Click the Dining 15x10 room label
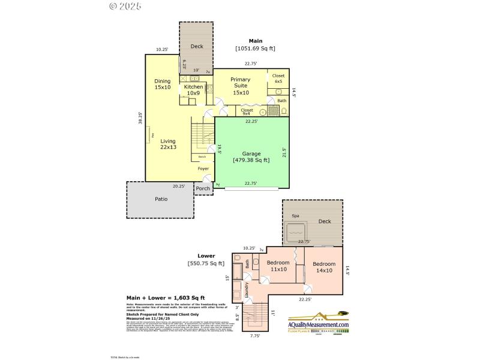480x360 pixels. click(163, 85)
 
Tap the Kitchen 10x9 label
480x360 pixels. click(193, 90)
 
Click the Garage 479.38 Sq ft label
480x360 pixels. click(251, 157)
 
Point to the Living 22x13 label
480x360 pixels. click(168, 144)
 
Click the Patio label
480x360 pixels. click(161, 199)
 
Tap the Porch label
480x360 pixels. click(203, 188)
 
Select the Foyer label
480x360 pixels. click(203, 169)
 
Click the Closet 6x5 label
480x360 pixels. click(278, 79)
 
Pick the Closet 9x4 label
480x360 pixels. click(247, 112)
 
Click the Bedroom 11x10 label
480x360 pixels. click(278, 266)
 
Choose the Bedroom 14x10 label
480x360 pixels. click(324, 267)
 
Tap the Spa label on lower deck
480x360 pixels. click(295, 216)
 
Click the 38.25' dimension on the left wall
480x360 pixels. click(140, 118)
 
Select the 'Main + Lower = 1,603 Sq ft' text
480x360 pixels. click(165, 298)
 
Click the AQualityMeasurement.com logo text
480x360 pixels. click(318, 325)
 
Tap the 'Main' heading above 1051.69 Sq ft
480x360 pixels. click(255, 41)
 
